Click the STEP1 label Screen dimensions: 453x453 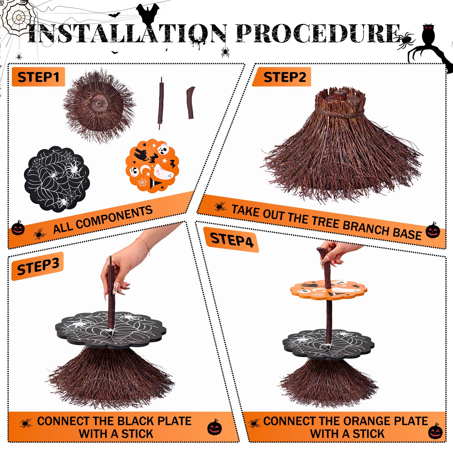coord(38,77)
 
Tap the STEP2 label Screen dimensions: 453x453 coord(285,77)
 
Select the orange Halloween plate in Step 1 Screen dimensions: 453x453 coord(152,166)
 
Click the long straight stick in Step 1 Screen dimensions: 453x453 coord(161,103)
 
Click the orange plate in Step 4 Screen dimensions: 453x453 coord(328,290)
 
